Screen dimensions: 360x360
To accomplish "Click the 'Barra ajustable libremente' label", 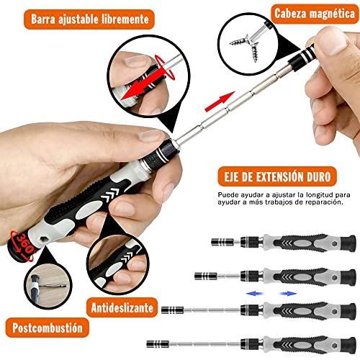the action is pos(89,19).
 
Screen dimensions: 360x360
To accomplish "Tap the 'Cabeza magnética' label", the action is pos(315,13).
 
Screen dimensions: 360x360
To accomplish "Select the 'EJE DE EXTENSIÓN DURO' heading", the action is pos(277,177).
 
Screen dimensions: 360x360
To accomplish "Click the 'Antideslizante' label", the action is pos(122,307).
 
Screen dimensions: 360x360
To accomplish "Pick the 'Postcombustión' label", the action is pos(48,328).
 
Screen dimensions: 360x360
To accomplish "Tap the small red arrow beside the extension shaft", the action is pos(220,102).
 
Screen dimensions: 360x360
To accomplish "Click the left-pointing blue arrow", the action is pos(255,294).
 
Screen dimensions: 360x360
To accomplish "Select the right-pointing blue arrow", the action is pos(289,294).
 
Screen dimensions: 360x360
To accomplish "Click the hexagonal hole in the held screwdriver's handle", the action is pos(43,240).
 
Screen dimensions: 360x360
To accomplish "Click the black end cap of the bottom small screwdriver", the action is pos(348,345).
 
